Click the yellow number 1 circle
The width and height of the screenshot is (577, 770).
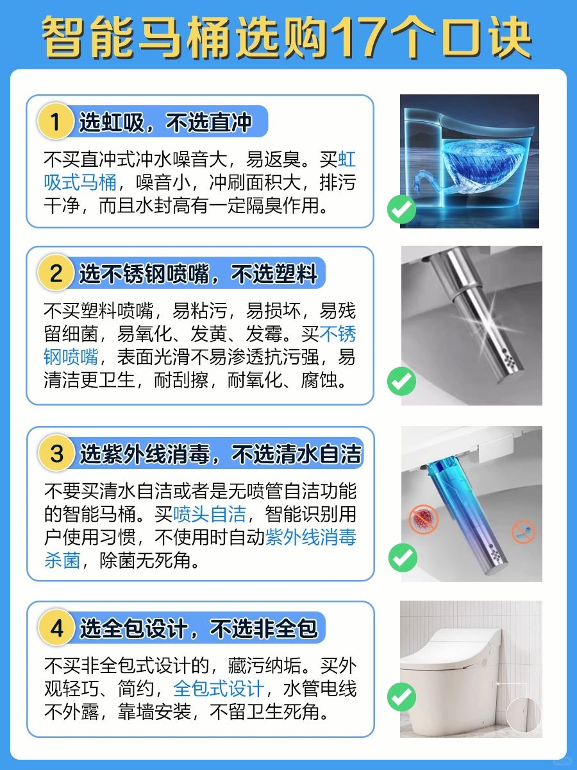(55, 121)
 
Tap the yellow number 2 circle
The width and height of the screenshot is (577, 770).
(55, 273)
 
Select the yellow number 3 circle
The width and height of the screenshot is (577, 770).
(56, 453)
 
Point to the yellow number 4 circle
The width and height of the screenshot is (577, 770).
(56, 628)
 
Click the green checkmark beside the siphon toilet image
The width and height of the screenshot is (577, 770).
(401, 209)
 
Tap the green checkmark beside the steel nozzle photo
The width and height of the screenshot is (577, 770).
(401, 381)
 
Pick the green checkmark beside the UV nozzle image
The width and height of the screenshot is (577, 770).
(403, 558)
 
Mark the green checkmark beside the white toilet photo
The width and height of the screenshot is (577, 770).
(401, 697)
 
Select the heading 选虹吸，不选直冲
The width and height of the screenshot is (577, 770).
(165, 123)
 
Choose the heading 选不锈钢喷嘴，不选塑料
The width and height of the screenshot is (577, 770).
(198, 273)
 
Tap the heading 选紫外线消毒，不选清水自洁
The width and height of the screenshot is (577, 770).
(221, 454)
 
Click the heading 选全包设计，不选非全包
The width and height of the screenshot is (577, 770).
(199, 628)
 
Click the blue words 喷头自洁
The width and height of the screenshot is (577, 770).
(210, 514)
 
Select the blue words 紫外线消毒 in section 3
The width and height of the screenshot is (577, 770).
(311, 537)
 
